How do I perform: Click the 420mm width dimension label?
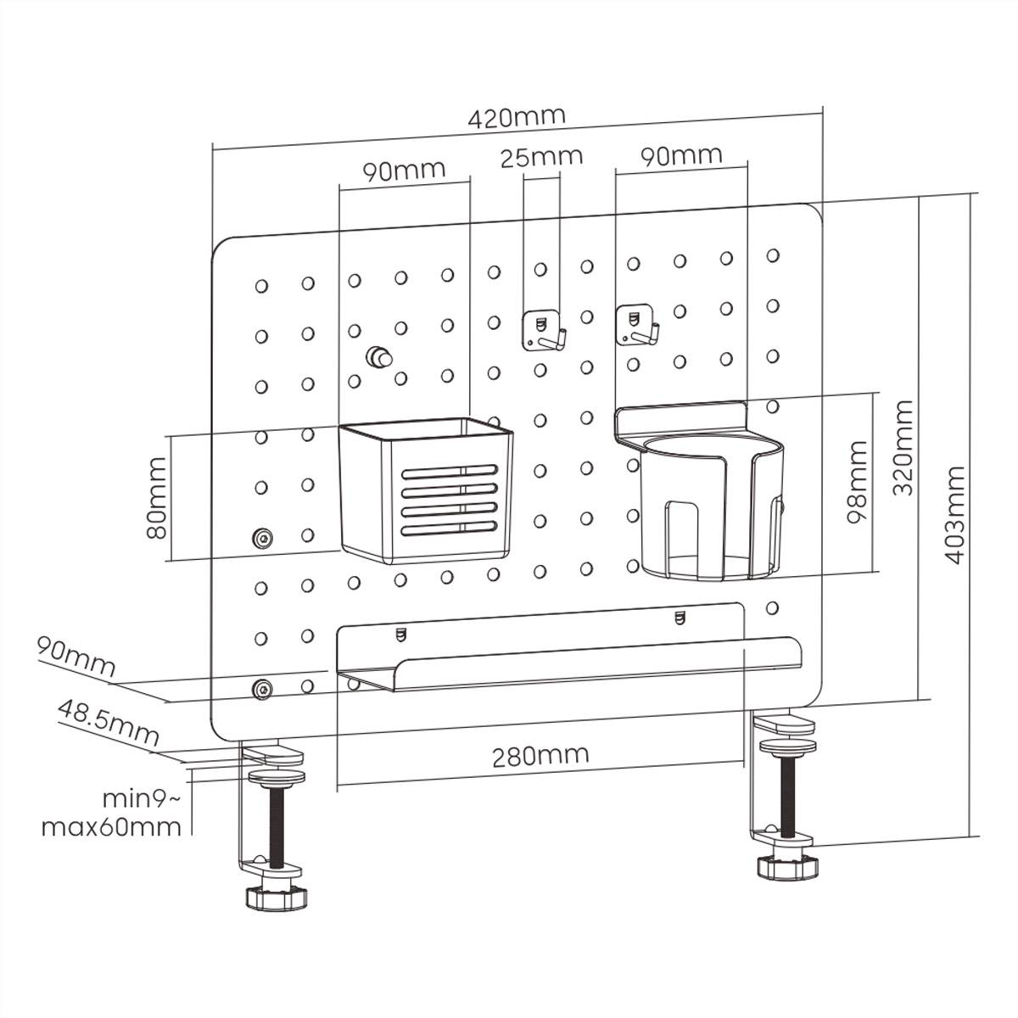(x=517, y=117)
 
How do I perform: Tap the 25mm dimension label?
(x=540, y=157)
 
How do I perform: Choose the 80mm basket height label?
(x=156, y=498)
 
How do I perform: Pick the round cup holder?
(x=709, y=501)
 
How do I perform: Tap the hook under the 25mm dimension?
(x=540, y=331)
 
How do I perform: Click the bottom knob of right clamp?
(x=788, y=868)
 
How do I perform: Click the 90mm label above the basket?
(x=404, y=171)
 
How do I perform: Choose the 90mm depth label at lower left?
(x=75, y=657)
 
